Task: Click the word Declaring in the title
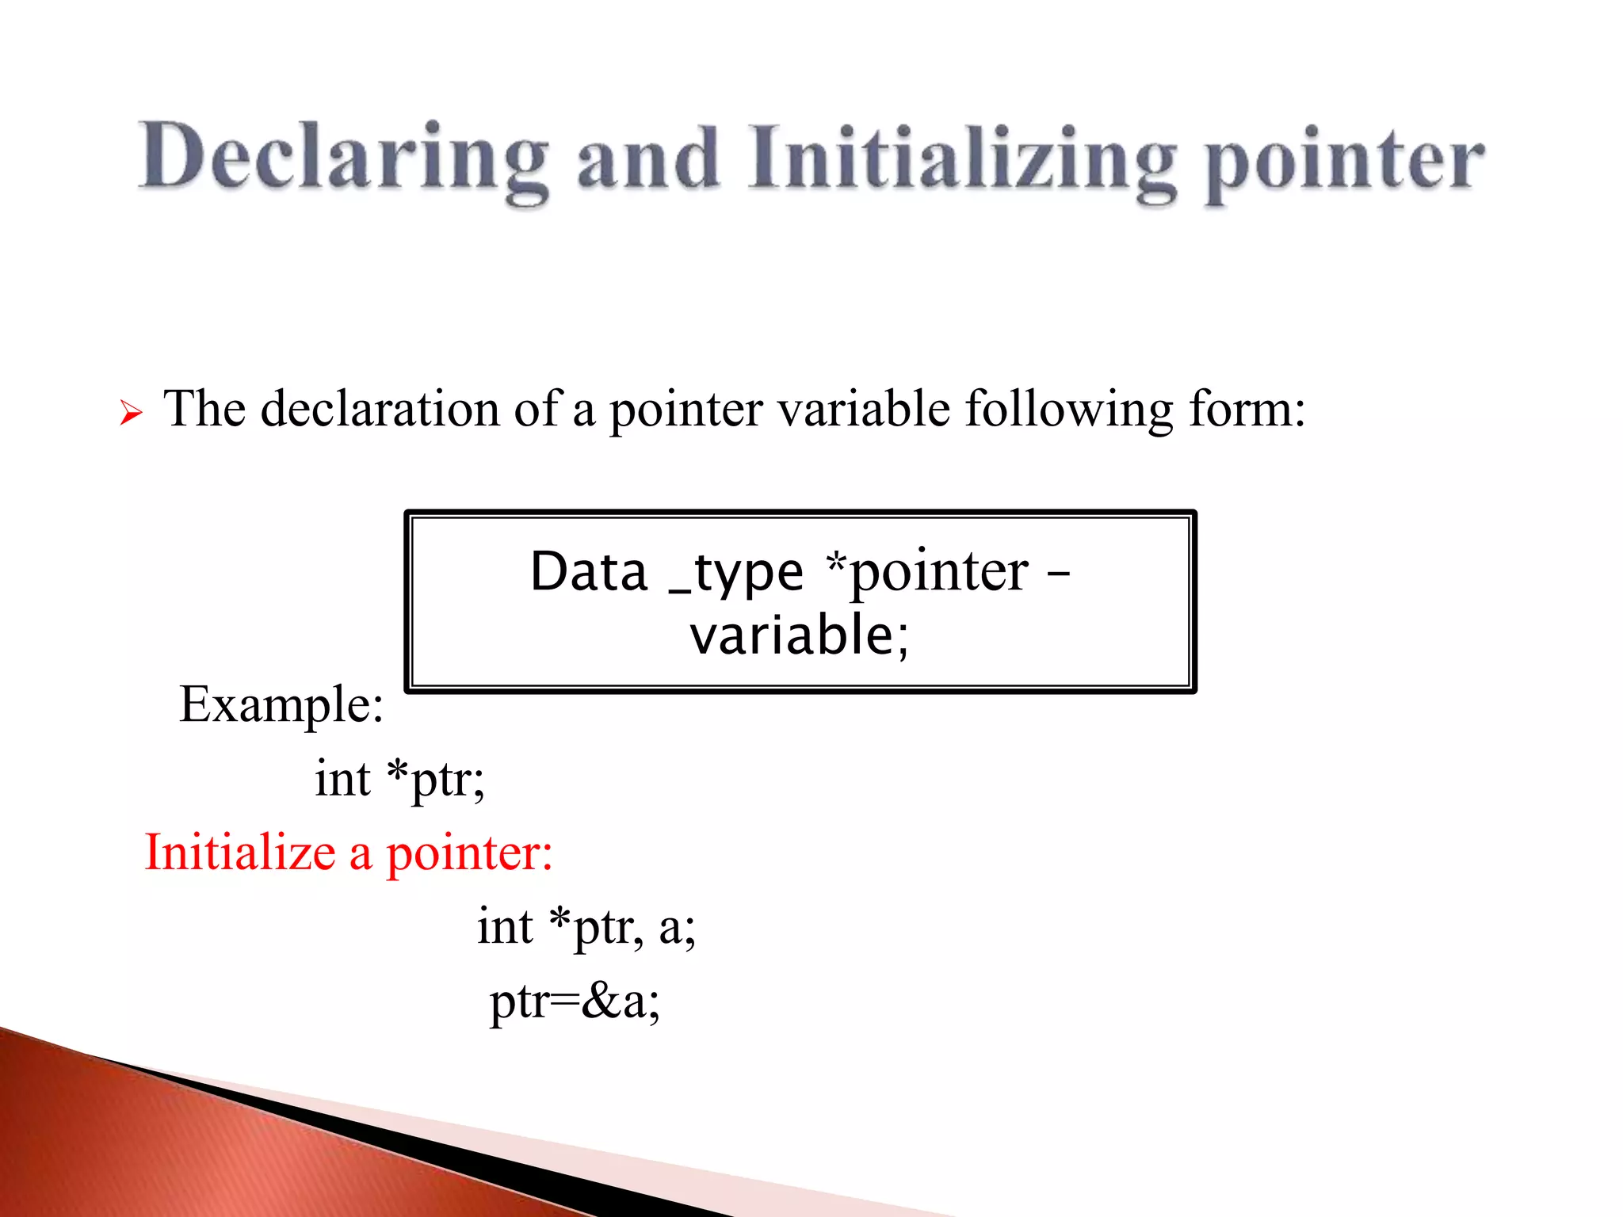click(342, 158)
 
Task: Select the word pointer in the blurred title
click(1344, 162)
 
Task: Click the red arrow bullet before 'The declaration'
click(131, 413)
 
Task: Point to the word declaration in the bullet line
click(380, 410)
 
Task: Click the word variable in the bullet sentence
click(863, 410)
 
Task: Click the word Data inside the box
click(589, 571)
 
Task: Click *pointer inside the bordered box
click(927, 572)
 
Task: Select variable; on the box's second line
click(799, 635)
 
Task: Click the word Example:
click(281, 704)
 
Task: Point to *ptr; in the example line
click(435, 779)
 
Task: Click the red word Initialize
click(240, 853)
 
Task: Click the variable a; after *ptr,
click(677, 926)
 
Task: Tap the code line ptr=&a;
click(575, 1001)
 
